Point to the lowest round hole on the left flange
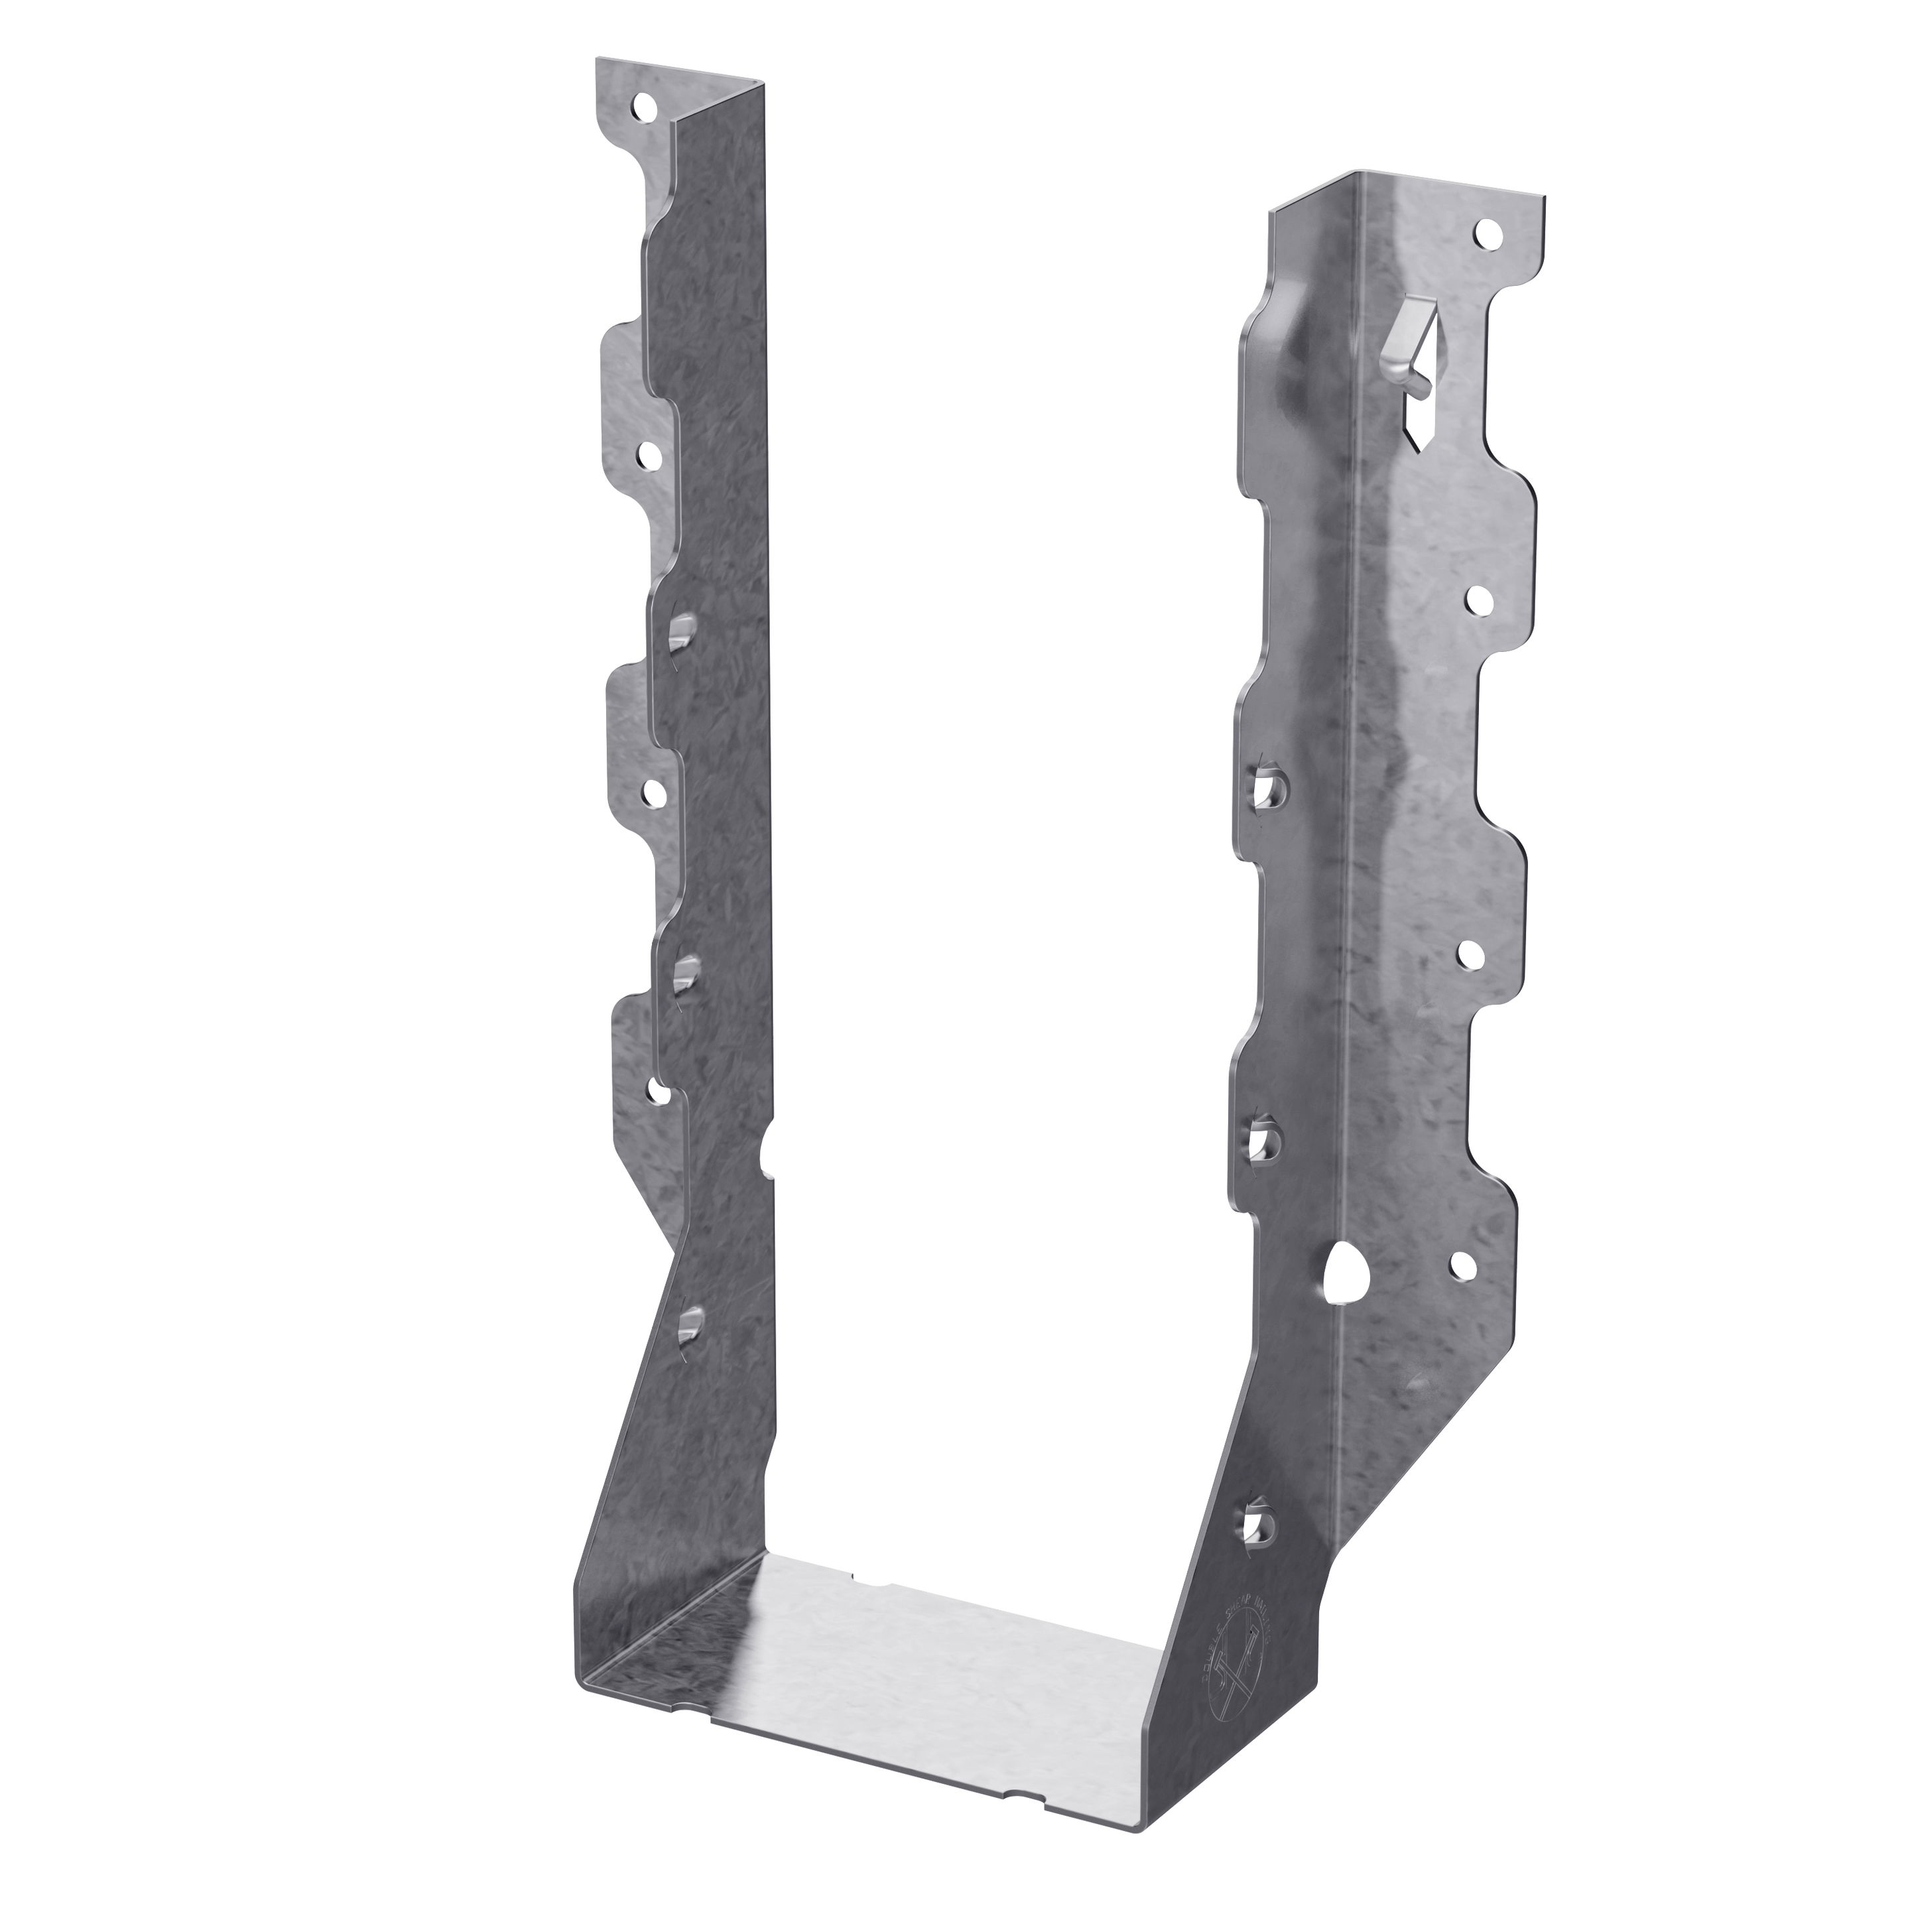657,1092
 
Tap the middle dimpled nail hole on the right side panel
1261,1140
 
